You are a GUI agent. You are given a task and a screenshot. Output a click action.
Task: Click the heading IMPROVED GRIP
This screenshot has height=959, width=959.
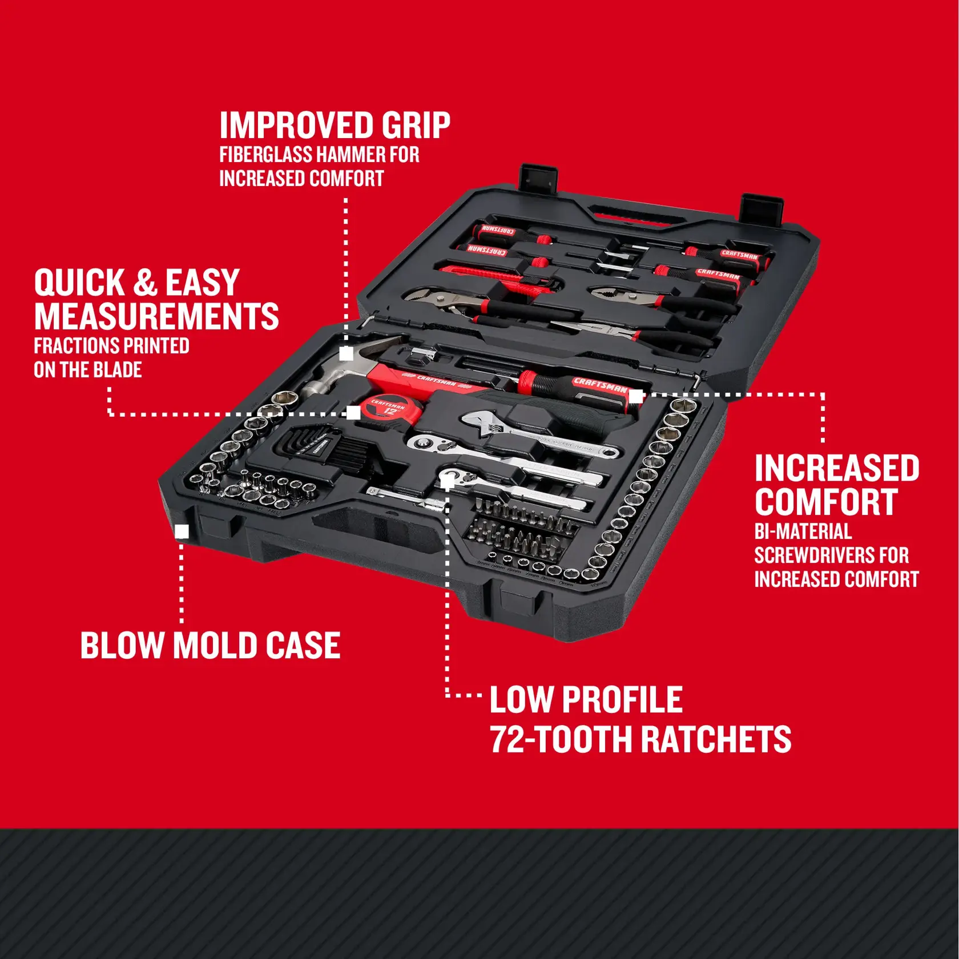[335, 126]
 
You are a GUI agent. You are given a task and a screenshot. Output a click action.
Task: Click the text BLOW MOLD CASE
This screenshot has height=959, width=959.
[210, 646]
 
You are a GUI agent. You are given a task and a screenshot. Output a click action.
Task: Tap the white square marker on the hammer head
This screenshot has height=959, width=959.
[346, 354]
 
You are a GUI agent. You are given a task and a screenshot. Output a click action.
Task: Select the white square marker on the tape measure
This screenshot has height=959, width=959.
[353, 413]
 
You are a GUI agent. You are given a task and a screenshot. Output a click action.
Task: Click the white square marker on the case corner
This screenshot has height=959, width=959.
[182, 532]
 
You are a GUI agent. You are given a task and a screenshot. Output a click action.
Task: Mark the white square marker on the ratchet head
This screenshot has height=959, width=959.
[448, 483]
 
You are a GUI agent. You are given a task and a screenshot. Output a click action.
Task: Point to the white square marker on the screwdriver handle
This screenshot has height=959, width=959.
[635, 396]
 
